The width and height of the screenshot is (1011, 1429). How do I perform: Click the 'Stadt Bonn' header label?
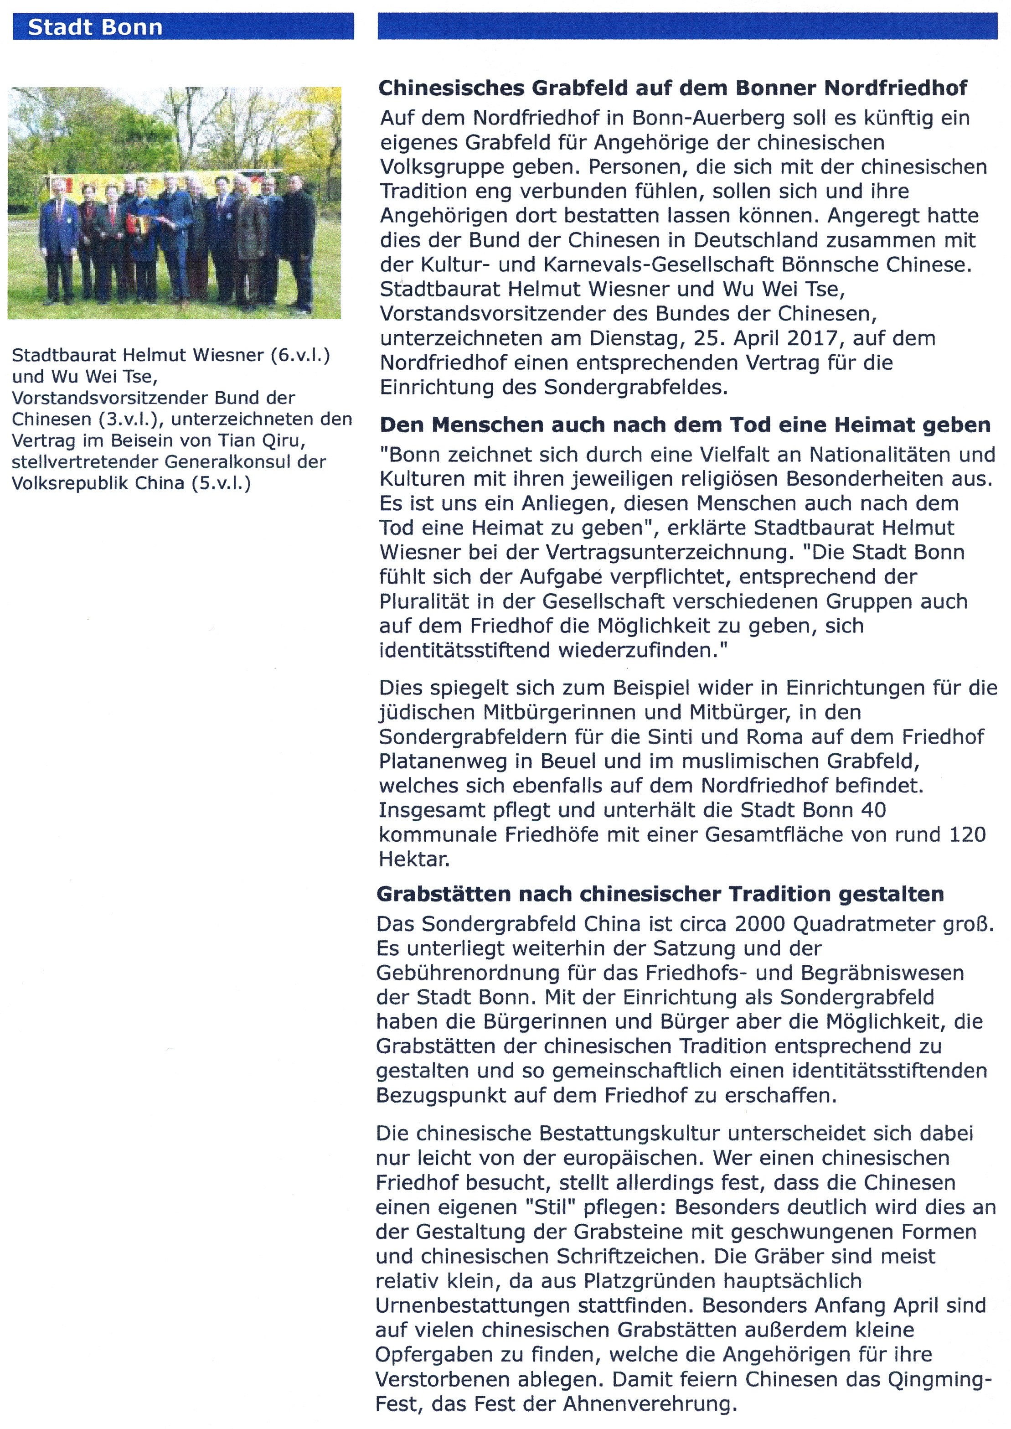[x=95, y=27]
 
